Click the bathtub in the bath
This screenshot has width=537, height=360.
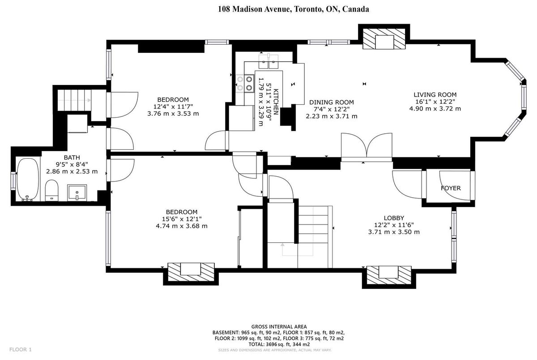28,179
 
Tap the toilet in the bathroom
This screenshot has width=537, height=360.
51,191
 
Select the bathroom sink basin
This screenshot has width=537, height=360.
77,192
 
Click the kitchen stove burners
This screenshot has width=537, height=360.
245,83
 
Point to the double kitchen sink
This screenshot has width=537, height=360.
268,61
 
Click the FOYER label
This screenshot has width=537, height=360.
451,188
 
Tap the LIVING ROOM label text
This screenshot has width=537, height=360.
435,95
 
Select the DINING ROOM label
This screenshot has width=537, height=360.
331,102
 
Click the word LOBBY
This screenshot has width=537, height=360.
394,218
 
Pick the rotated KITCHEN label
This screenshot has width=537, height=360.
276,102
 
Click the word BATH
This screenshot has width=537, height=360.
72,157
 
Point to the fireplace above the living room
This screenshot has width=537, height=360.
384,39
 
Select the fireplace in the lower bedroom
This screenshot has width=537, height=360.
191,272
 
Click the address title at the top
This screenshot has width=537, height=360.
294,9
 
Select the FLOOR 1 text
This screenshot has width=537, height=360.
21,349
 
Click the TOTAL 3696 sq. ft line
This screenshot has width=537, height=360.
279,344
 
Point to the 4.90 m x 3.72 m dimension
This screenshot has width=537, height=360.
435,109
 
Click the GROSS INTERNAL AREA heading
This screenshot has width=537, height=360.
279,326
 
